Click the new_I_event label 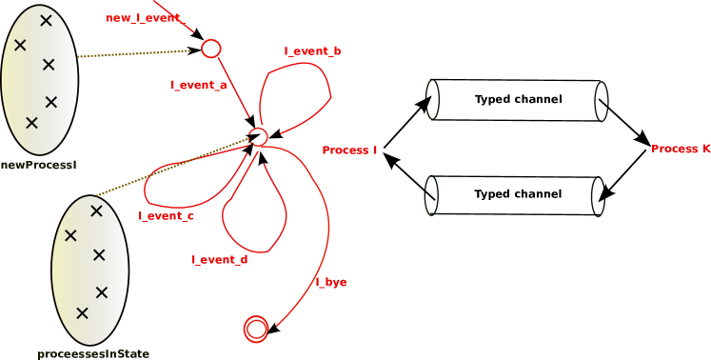[143, 18]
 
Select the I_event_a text [198, 85]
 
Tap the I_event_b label [312, 50]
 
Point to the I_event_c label [166, 216]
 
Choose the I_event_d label [219, 260]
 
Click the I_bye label [330, 282]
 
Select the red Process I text [349, 150]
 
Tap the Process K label [681, 149]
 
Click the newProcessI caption [38, 165]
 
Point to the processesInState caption [93, 354]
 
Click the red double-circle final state [256, 329]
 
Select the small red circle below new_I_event [211, 49]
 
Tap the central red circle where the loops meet [258, 136]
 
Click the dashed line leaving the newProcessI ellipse [133, 54]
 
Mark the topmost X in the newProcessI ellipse [46, 19]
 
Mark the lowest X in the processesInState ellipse [82, 312]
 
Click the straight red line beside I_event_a [234, 90]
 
